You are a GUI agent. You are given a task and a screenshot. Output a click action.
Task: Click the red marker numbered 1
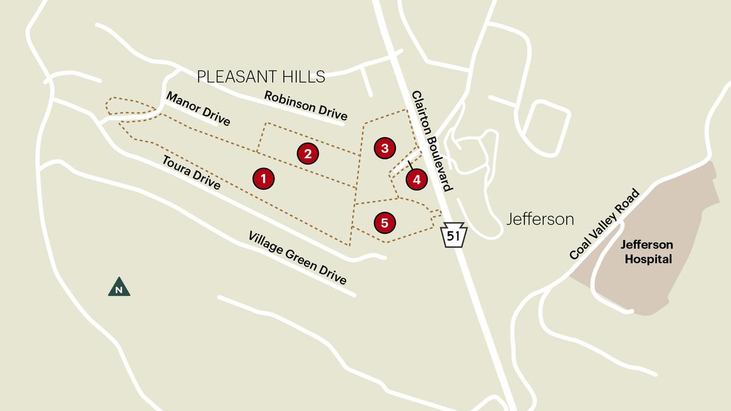[x=263, y=178]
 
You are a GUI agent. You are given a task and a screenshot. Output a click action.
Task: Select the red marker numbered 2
[x=308, y=153]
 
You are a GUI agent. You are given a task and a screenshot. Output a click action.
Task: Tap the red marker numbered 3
[x=384, y=147]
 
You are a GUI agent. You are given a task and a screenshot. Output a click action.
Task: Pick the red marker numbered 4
[x=417, y=180]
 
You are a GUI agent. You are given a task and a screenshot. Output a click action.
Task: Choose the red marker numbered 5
[x=384, y=223]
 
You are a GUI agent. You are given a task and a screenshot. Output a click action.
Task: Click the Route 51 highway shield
[x=453, y=235]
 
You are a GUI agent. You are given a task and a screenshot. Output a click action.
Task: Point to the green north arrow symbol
[x=119, y=287]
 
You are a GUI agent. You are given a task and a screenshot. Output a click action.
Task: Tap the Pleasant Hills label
[x=261, y=77]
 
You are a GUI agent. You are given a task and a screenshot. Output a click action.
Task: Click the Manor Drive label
[x=198, y=109]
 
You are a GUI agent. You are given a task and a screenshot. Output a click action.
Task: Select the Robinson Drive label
[x=305, y=105]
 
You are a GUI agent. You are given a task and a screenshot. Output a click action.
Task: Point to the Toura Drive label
[x=191, y=172]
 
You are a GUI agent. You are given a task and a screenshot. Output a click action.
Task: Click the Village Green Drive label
[x=297, y=258]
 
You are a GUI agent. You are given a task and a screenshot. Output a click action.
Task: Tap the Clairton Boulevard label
[x=432, y=141]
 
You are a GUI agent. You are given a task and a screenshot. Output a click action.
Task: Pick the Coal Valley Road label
[x=604, y=224]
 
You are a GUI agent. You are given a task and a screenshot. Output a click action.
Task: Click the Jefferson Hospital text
[x=646, y=252]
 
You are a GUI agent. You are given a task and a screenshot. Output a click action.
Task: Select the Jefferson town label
[x=540, y=219]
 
